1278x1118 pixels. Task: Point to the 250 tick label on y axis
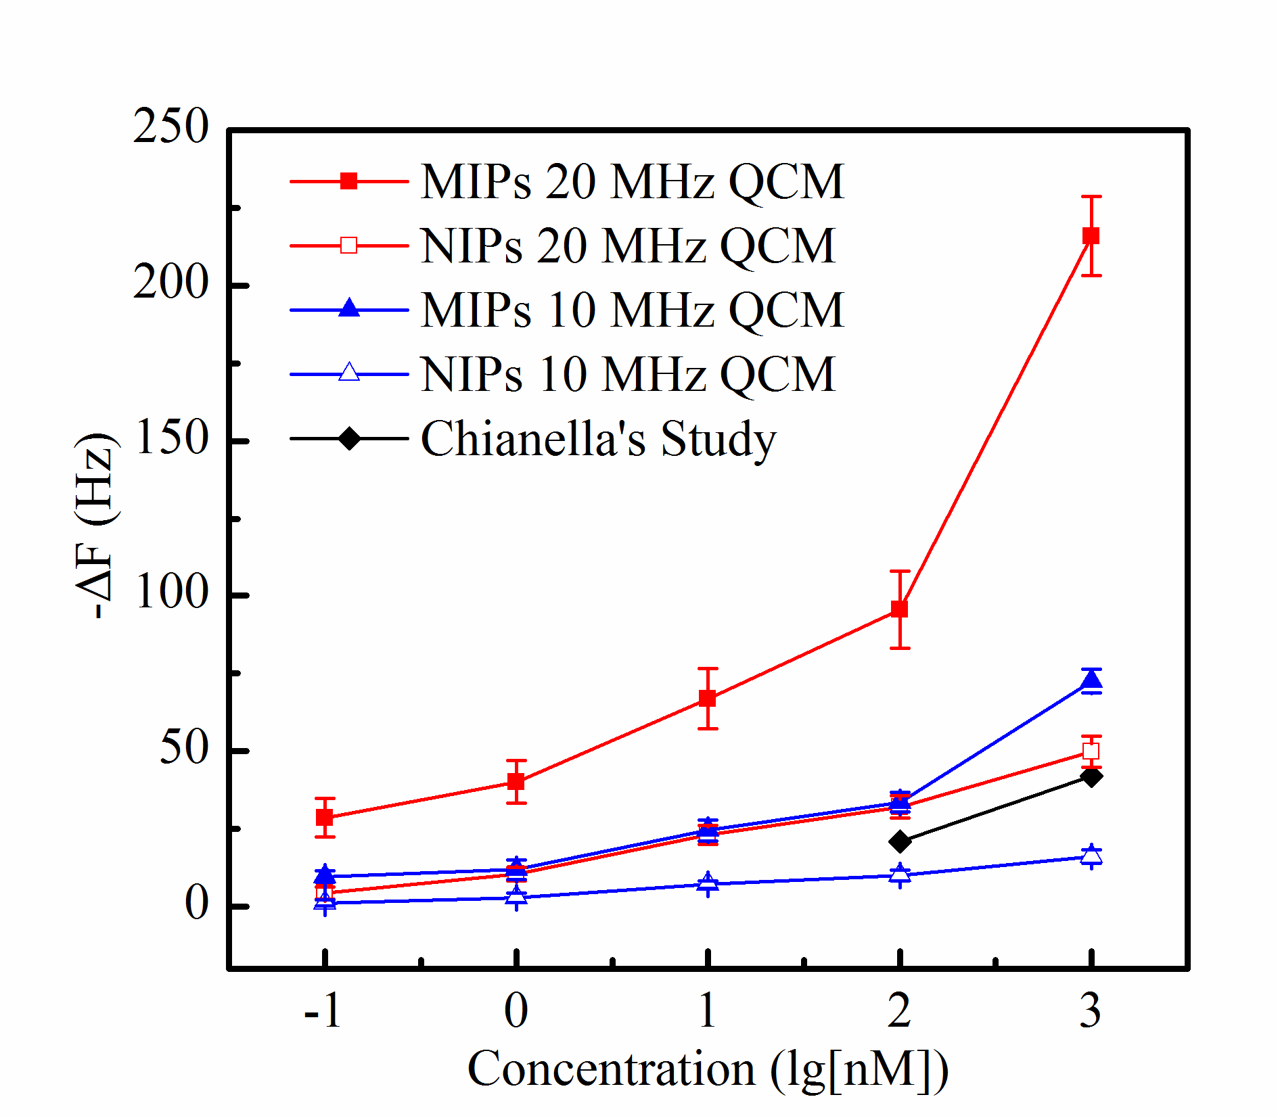pyautogui.click(x=171, y=126)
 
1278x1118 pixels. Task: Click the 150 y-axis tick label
pyautogui.click(x=171, y=438)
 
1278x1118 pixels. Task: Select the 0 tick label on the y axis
pyautogui.click(x=197, y=904)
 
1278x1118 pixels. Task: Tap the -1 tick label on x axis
pyautogui.click(x=323, y=1010)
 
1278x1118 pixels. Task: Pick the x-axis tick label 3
pyautogui.click(x=1091, y=1010)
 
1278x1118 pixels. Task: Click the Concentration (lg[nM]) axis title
pyautogui.click(x=708, y=1069)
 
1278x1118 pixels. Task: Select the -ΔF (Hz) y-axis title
pyautogui.click(x=95, y=526)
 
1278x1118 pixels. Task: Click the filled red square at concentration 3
pyautogui.click(x=1091, y=236)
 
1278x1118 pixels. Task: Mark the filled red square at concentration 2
pyautogui.click(x=899, y=609)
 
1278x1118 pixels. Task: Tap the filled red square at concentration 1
pyautogui.click(x=708, y=698)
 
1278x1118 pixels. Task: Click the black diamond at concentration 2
pyautogui.click(x=900, y=841)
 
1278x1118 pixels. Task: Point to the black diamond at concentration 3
pyautogui.click(x=1091, y=776)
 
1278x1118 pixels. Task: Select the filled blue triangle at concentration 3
pyautogui.click(x=1091, y=680)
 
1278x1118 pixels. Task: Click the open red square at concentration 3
pyautogui.click(x=1091, y=751)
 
